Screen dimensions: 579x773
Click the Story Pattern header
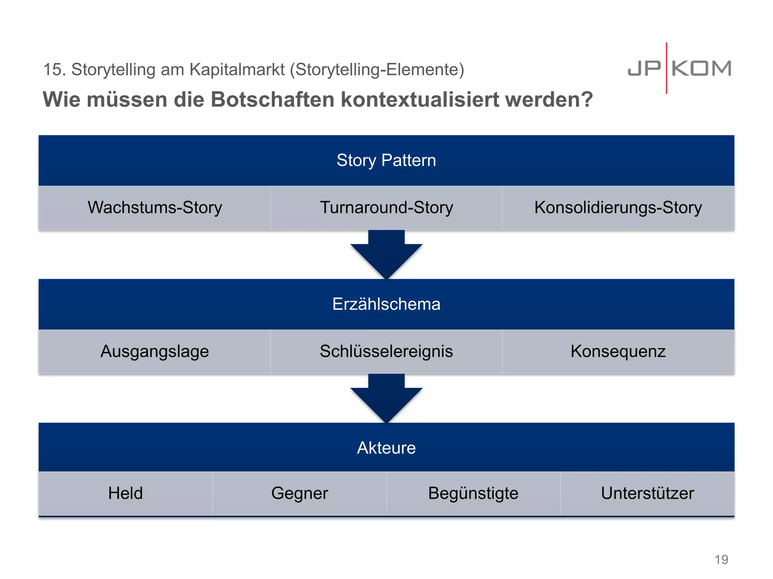[386, 160]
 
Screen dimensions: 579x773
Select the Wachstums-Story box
[155, 208]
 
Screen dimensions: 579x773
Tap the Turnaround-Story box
[386, 208]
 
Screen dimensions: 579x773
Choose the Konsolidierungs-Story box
[618, 208]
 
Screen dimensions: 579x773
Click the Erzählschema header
[386, 304]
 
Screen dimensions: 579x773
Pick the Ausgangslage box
[155, 351]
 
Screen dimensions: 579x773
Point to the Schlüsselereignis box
[386, 351]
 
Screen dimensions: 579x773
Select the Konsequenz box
[618, 351]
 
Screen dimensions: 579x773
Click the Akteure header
[386, 448]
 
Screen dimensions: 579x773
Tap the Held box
[125, 493]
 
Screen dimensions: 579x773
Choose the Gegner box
[299, 493]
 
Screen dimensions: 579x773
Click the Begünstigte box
[473, 493]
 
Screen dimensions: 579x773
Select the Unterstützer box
[647, 493]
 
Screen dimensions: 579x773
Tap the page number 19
[721, 559]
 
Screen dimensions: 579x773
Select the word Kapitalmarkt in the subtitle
[237, 69]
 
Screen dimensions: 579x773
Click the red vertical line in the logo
[667, 68]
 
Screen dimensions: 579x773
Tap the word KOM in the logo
[701, 69]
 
